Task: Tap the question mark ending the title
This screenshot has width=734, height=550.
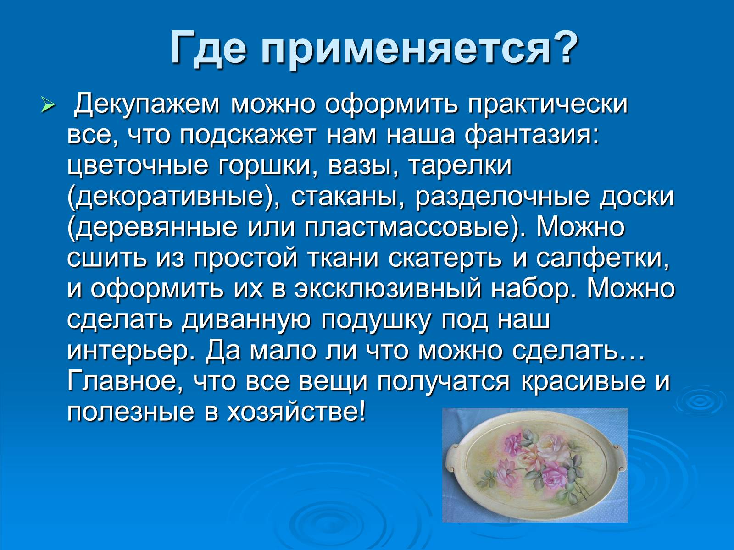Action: [x=563, y=47]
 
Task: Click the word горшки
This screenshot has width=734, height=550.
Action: [x=267, y=167]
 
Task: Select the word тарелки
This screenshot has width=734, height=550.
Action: [x=458, y=167]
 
